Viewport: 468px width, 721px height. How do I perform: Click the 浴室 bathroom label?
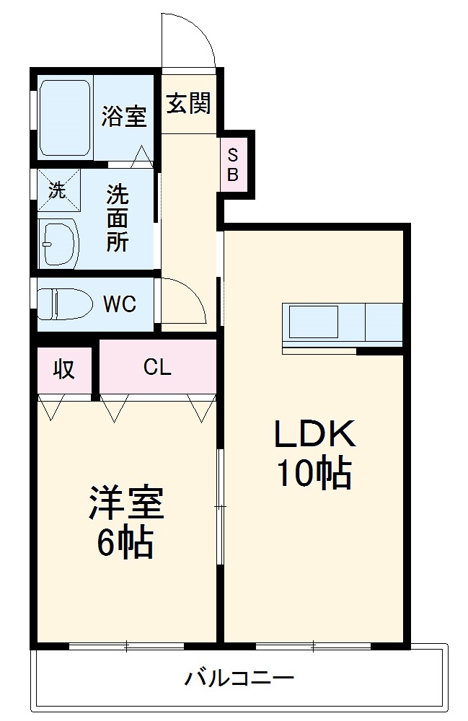124,116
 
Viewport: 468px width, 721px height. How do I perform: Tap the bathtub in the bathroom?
64,118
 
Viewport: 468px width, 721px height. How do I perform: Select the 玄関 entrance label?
189,103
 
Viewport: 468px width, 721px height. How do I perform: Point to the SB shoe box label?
233,164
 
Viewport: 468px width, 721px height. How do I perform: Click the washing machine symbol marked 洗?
58,190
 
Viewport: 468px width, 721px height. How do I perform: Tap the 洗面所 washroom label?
118,218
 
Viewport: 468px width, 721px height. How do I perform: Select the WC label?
119,304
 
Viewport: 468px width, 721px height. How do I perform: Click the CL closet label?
157,368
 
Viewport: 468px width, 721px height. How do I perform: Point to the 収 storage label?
64,368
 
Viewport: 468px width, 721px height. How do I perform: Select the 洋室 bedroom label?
126,503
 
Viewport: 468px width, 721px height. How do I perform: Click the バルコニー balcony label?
239,678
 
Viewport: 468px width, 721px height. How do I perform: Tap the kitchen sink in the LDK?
314,322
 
